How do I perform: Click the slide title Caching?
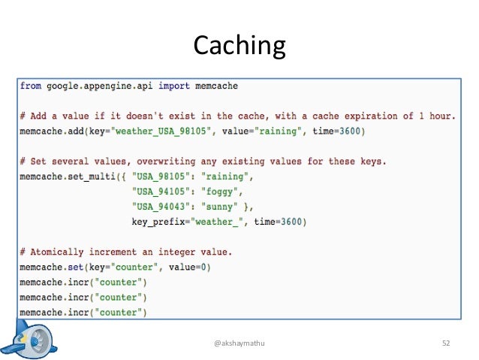click(x=239, y=47)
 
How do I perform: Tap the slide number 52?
click(x=446, y=343)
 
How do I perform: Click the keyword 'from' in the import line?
click(x=31, y=86)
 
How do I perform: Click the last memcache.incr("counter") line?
click(x=83, y=312)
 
